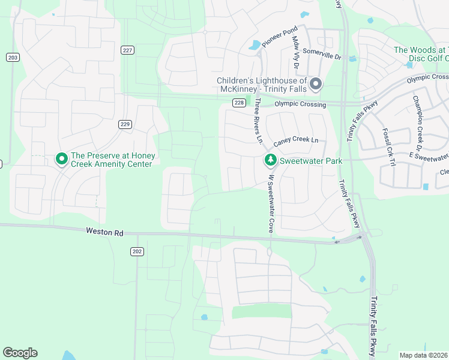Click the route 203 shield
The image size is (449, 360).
[x=12, y=57]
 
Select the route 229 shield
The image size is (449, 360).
[x=125, y=124]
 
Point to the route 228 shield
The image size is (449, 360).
[x=239, y=103]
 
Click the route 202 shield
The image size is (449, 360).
[x=137, y=251]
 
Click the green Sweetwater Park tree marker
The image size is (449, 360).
[x=270, y=160]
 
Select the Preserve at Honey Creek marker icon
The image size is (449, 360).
[x=61, y=159]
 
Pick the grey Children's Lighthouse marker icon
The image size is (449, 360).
[x=316, y=84]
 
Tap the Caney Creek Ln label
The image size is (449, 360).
[x=295, y=142]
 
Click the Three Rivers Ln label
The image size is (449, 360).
[x=259, y=121]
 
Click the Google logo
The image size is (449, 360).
[x=20, y=353]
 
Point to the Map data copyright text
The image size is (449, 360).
[x=423, y=355]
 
